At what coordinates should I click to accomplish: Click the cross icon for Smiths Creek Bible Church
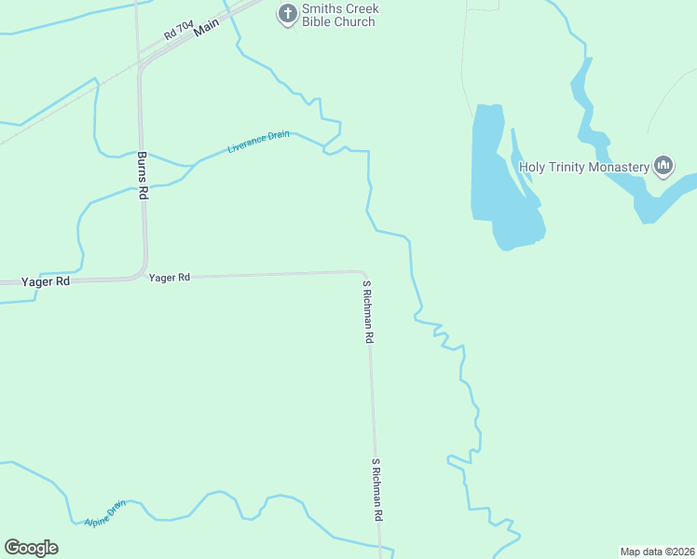point(288,14)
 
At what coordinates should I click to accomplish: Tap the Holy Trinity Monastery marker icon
point(663,167)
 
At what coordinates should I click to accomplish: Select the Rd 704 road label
point(177,31)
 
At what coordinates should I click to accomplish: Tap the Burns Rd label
point(143,175)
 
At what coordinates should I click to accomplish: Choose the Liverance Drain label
point(259,142)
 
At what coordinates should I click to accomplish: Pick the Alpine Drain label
point(104,512)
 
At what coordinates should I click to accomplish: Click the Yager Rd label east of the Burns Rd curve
point(170,278)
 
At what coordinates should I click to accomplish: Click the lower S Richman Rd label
point(377,488)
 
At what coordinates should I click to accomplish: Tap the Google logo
point(31,548)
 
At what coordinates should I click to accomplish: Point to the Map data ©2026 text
point(657,551)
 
